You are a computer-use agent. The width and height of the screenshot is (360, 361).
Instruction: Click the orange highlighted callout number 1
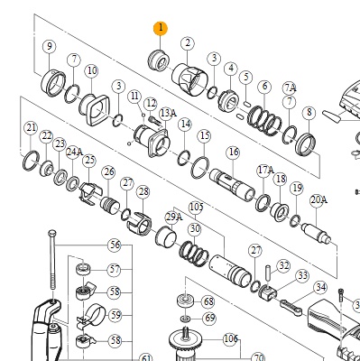pyautogui.click(x=161, y=28)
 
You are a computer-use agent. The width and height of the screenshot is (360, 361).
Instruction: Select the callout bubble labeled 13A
pyautogui.click(x=168, y=113)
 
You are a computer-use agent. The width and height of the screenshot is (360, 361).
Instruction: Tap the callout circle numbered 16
pyautogui.click(x=234, y=152)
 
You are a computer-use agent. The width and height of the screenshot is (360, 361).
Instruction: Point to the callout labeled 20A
pyautogui.click(x=318, y=199)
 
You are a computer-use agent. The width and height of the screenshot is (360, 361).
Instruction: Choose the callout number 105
pyautogui.click(x=196, y=208)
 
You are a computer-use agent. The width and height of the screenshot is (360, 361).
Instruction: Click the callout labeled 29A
pyautogui.click(x=174, y=217)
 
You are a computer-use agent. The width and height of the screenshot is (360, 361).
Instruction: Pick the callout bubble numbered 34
pyautogui.click(x=320, y=288)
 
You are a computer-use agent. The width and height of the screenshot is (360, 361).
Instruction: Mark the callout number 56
pyautogui.click(x=115, y=245)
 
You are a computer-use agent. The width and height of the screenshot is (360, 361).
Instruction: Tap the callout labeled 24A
pyautogui.click(x=74, y=152)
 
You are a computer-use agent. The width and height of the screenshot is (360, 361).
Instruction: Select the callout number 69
pyautogui.click(x=209, y=318)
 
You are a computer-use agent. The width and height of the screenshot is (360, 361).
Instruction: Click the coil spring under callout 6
pyautogui.click(x=264, y=120)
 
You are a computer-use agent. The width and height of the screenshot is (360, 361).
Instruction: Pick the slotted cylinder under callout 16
pyautogui.click(x=232, y=185)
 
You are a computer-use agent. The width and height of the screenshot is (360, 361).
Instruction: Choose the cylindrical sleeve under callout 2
pyautogui.click(x=189, y=79)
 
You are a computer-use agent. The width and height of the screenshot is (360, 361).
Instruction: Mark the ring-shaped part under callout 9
pyautogui.click(x=53, y=83)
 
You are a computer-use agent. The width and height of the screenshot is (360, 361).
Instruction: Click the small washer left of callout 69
pyautogui.click(x=186, y=319)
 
